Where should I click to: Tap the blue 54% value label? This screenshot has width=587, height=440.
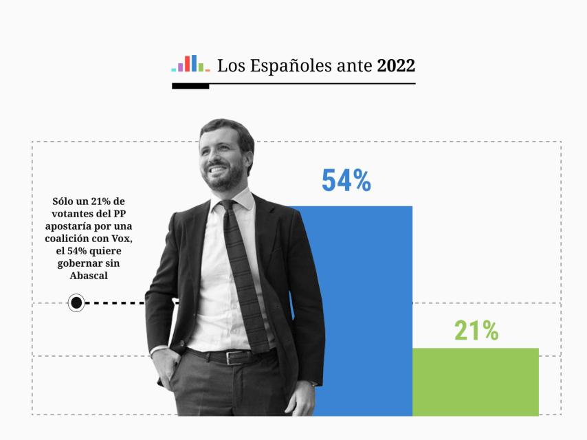[x=346, y=180]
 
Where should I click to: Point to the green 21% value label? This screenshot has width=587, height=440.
[x=476, y=331]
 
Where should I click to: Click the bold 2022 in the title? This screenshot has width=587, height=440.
[x=396, y=66]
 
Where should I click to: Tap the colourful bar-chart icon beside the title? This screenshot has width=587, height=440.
[x=190, y=64]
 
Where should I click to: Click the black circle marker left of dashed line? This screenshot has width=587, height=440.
[x=76, y=302]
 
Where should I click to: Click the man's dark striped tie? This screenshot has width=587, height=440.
[x=244, y=275]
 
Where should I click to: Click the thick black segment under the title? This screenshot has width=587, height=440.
[x=190, y=87]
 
